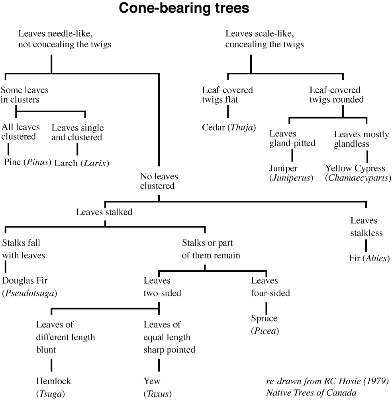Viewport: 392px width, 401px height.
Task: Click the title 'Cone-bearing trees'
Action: pyautogui.click(x=196, y=9)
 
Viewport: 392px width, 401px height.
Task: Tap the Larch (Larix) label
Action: pyautogui.click(x=81, y=163)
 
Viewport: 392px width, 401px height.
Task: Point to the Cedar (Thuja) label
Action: pyautogui.click(x=229, y=127)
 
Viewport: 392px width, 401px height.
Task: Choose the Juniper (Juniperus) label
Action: pyautogui.click(x=291, y=173)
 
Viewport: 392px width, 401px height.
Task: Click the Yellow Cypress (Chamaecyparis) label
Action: pyautogui.click(x=358, y=173)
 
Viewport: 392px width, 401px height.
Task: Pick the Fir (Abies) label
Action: pyautogui.click(x=369, y=259)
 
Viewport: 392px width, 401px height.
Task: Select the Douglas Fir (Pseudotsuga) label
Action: pyautogui.click(x=29, y=287)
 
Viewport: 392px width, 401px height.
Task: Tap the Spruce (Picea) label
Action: pyautogui.click(x=264, y=325)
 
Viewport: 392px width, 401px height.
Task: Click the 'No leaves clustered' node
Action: pyautogui.click(x=159, y=181)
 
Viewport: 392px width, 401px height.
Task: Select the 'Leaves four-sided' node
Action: pyautogui.click(x=270, y=287)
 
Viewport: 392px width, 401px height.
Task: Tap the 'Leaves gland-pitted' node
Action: pyautogui.click(x=292, y=138)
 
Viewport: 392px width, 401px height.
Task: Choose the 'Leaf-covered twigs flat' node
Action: pyautogui.click(x=227, y=95)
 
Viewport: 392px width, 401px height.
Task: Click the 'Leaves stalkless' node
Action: pyautogui.click(x=367, y=226)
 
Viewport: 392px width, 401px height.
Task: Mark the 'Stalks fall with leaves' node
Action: pyautogui.click(x=24, y=249)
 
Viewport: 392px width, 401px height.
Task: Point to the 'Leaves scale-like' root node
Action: pyautogui.click(x=265, y=39)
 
